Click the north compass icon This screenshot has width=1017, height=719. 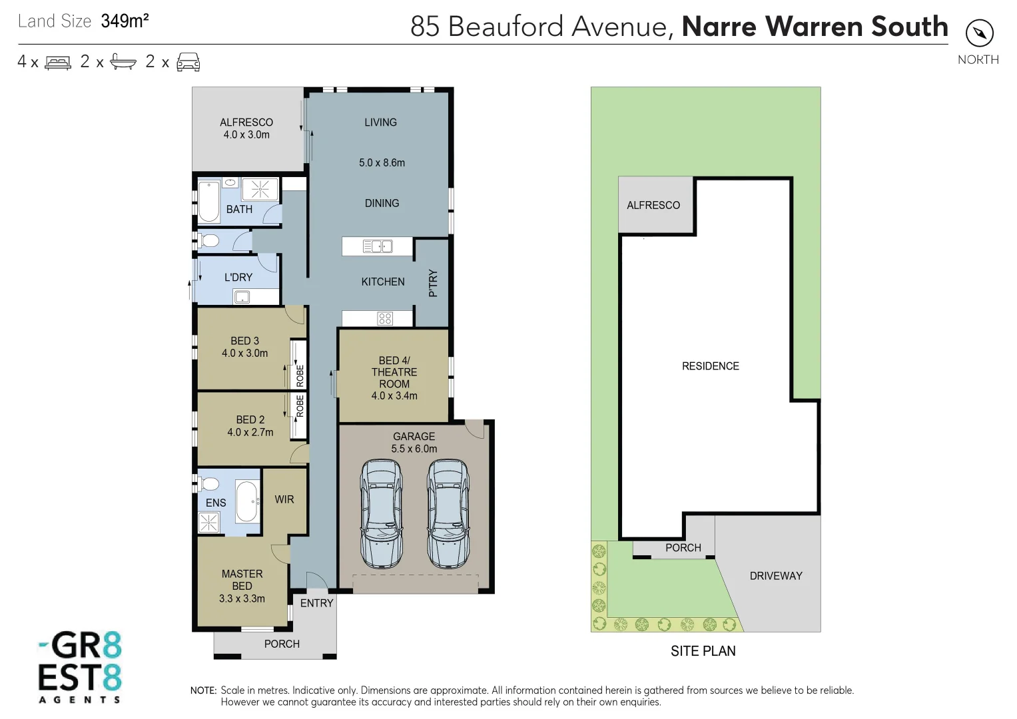979,33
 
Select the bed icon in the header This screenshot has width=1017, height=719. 58,63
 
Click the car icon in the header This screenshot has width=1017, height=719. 188,62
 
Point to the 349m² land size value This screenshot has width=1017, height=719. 125,21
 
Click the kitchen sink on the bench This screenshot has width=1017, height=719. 377,246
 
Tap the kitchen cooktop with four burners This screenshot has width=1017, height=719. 385,318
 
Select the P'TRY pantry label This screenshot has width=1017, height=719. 433,283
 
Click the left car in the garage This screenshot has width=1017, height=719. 381,513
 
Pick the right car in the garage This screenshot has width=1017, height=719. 448,513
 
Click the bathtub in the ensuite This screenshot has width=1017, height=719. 247,502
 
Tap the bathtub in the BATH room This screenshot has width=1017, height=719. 209,202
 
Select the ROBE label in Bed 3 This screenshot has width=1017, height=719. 300,375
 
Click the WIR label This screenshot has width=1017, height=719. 284,499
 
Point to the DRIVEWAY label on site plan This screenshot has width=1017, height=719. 776,576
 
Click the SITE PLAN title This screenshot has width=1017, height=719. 703,651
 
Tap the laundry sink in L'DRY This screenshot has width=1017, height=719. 242,297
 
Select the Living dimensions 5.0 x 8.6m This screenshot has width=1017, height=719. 382,162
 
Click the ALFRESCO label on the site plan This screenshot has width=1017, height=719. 653,205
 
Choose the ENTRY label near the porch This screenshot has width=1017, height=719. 316,603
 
